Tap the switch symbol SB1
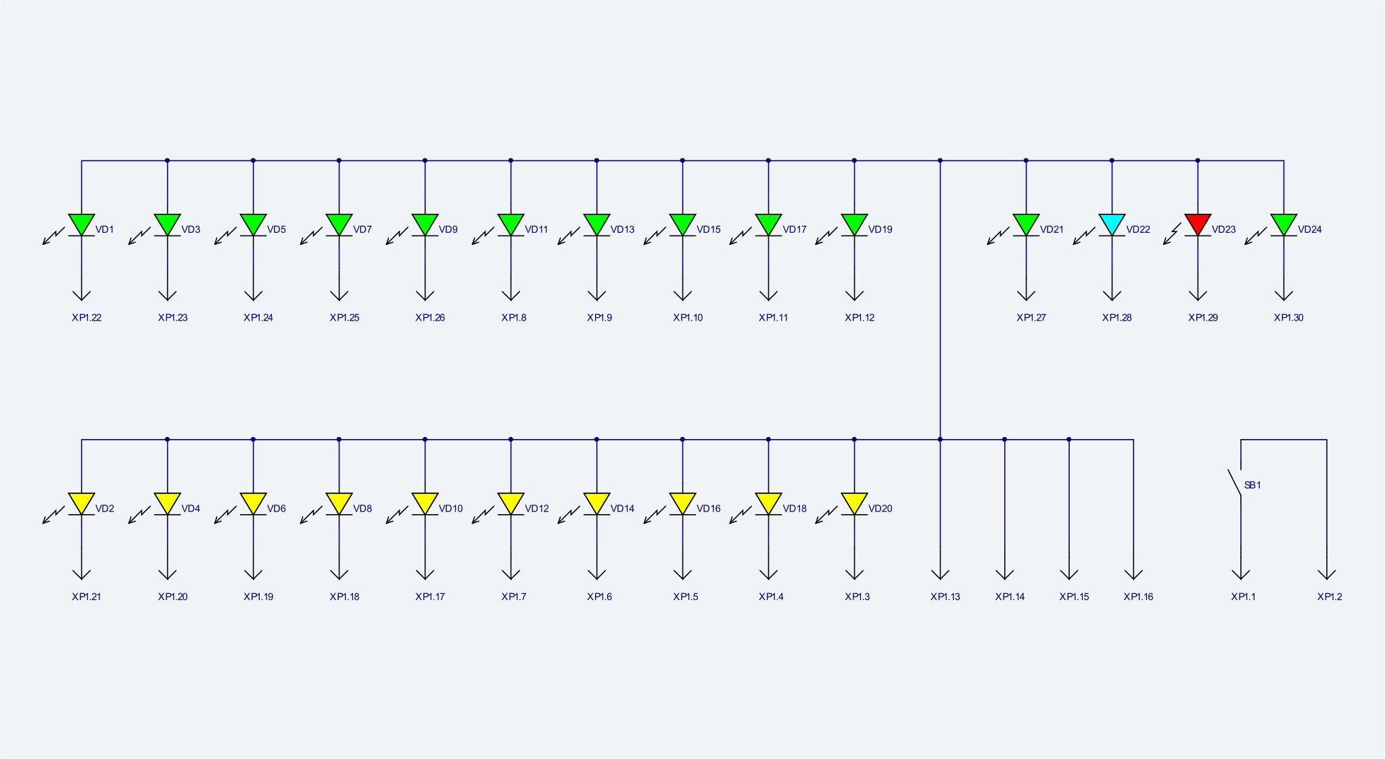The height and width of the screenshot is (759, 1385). [x=1235, y=482]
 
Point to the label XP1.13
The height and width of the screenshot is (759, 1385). [x=945, y=597]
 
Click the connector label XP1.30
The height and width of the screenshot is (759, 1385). [x=1288, y=317]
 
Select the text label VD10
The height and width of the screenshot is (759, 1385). [x=450, y=509]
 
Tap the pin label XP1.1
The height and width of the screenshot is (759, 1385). [x=1243, y=597]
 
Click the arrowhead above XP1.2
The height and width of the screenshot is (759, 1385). [x=1327, y=574]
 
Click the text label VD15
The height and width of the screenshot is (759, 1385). [x=708, y=229]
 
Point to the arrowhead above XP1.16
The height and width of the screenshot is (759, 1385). [x=1133, y=574]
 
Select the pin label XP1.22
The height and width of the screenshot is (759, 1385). [x=87, y=317]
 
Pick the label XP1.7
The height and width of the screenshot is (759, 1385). [x=513, y=597]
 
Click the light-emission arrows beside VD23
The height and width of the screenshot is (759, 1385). [x=1172, y=234]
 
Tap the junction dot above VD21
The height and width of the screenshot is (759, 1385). [x=1026, y=160]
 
